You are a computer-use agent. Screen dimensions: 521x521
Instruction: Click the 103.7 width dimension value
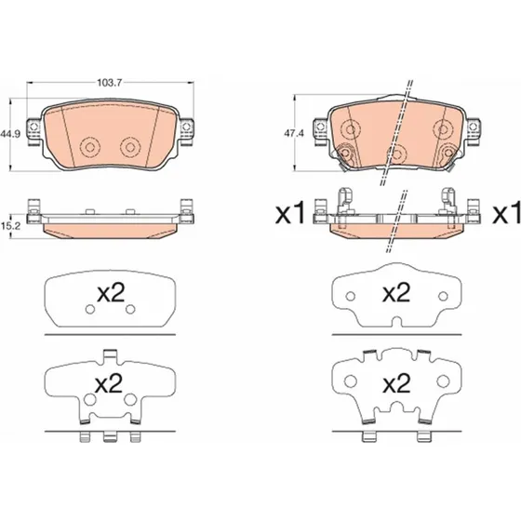pyautogui.click(x=110, y=83)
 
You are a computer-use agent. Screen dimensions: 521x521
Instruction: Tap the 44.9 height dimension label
pyautogui.click(x=10, y=134)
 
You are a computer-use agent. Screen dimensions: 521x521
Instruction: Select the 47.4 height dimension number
pyautogui.click(x=294, y=134)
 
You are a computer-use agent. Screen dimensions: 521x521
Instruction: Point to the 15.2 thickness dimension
pyautogui.click(x=10, y=226)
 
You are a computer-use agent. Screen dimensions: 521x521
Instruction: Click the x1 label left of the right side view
pyautogui.click(x=290, y=214)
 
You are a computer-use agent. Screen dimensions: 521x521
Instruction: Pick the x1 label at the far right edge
pyautogui.click(x=507, y=214)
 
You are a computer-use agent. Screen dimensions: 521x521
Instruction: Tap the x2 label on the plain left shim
pyautogui.click(x=111, y=293)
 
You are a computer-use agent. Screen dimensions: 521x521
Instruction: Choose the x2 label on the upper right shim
pyautogui.click(x=396, y=293)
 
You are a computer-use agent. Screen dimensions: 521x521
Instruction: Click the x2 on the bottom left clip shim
pyautogui.click(x=109, y=383)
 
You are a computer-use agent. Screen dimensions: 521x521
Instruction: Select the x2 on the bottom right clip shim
pyautogui.click(x=396, y=383)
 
